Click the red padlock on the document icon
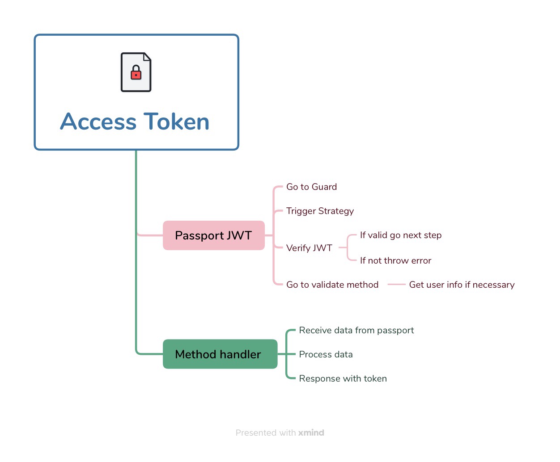(136, 73)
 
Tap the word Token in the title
(176, 122)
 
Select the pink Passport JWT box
(213, 235)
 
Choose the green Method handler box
(220, 354)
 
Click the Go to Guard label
(311, 187)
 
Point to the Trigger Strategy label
(320, 211)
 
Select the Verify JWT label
(309, 248)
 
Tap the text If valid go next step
(400, 235)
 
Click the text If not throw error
(395, 260)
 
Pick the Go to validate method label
(332, 285)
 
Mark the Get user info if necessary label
(462, 285)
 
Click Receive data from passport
(356, 330)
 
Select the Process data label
(326, 354)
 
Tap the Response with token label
(343, 378)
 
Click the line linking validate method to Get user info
(396, 284)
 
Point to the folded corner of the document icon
(147, 57)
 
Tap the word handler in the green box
(240, 354)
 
